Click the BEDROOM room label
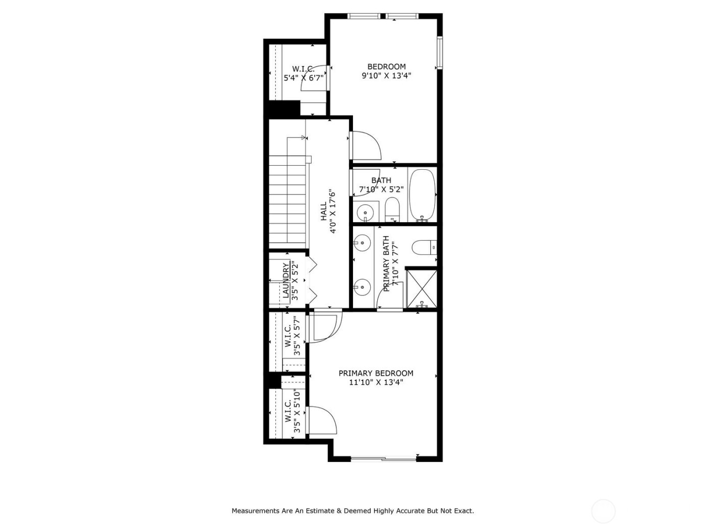386,67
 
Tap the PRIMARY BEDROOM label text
376,373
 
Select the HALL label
323,212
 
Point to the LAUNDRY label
286,281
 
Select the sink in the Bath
365,212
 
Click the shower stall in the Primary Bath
421,288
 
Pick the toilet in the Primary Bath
423,247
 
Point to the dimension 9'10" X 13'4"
386,76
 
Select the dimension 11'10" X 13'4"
376,382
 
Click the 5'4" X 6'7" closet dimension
303,78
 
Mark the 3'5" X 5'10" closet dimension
297,412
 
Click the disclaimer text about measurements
352,511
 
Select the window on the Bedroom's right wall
440,52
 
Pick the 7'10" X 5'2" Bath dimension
381,189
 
